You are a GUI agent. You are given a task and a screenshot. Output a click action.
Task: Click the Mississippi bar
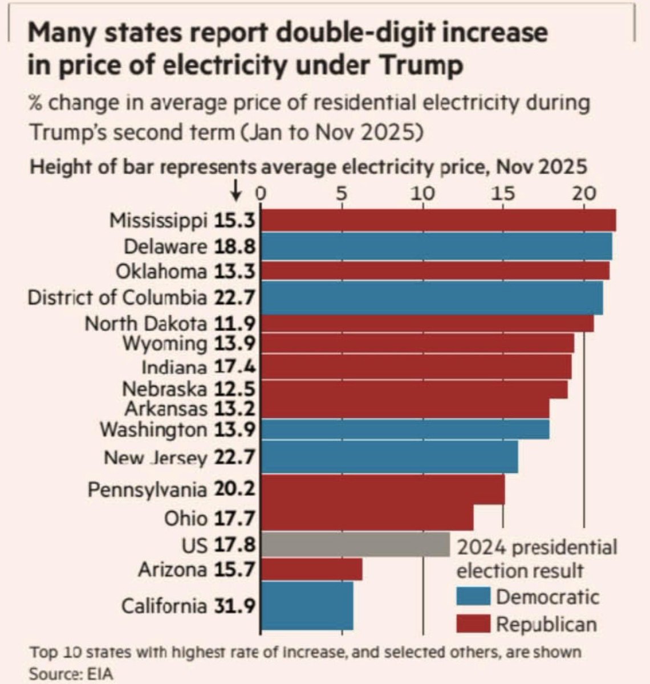438,220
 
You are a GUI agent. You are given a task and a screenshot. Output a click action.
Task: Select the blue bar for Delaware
436,246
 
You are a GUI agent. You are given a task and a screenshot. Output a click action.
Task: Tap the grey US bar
355,544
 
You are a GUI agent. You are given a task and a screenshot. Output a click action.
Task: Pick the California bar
307,605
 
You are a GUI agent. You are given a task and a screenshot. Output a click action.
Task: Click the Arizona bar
311,569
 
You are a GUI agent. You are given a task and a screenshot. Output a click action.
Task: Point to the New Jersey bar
389,457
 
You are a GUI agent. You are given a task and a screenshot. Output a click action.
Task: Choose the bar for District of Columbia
432,298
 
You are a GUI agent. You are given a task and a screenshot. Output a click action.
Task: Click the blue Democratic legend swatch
473,596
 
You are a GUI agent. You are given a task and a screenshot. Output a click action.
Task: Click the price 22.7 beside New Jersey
234,458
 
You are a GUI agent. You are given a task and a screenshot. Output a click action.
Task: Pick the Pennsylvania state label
147,490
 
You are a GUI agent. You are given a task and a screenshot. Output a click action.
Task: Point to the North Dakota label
145,324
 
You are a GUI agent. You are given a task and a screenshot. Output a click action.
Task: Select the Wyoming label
165,344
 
